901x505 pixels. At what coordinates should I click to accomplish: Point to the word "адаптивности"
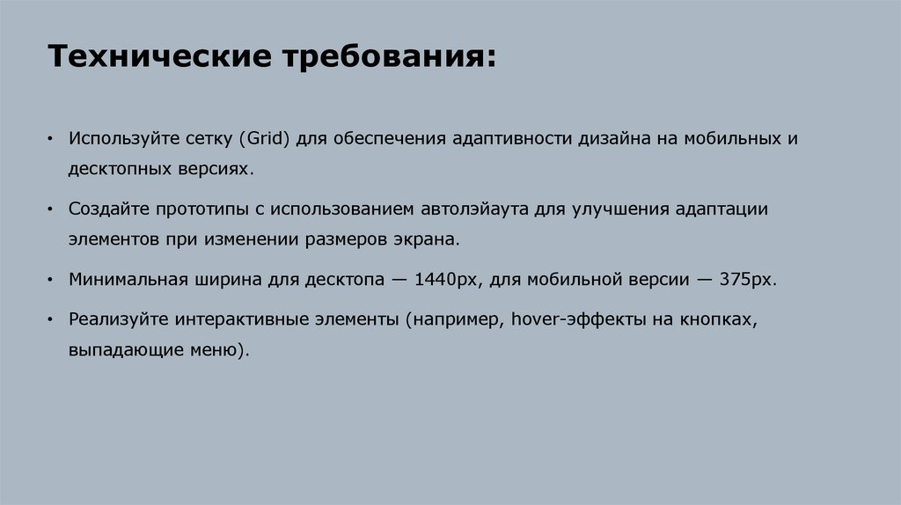[x=513, y=140]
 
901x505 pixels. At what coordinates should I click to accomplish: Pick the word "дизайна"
[x=609, y=140]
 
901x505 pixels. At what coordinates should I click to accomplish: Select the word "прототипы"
[x=195, y=210]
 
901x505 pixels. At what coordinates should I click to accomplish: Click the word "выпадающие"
[x=117, y=349]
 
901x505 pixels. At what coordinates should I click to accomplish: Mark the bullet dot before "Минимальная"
[x=52, y=280]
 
